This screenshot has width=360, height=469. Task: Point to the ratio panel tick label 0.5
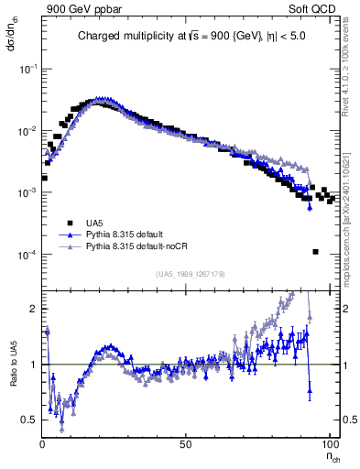31,420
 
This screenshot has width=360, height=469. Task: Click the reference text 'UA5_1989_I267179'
190,274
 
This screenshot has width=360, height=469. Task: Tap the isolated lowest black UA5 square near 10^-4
315,252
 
